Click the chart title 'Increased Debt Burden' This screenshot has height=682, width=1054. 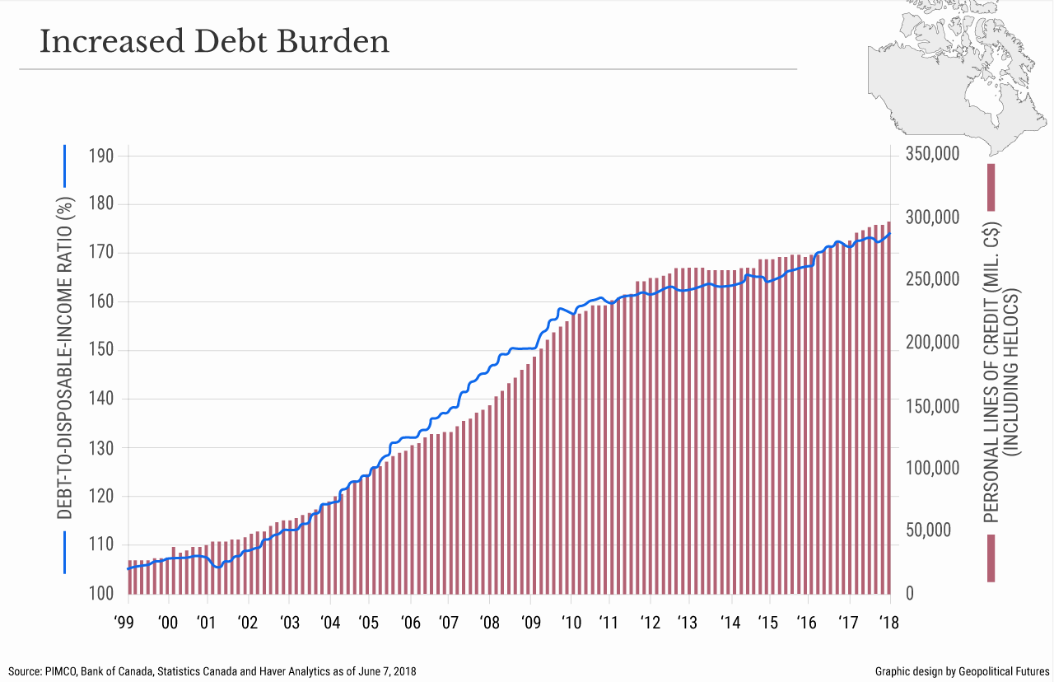(x=214, y=42)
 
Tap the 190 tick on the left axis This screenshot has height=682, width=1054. (x=102, y=156)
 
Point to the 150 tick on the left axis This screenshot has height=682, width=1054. (x=102, y=351)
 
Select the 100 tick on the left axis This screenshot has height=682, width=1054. (x=102, y=594)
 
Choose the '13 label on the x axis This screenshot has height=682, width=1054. (x=689, y=623)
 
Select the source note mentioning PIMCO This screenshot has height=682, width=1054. (x=212, y=671)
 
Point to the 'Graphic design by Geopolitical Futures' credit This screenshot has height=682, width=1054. (x=960, y=671)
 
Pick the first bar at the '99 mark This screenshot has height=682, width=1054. (x=129, y=577)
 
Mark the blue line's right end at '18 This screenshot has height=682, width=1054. (x=889, y=233)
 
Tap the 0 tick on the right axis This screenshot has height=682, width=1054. (x=910, y=594)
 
